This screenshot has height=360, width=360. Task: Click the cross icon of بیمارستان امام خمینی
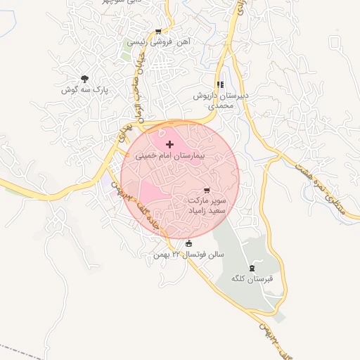point(169,143)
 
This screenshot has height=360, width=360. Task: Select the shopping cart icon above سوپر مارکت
point(206,191)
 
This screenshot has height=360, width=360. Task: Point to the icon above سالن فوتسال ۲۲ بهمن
point(188,244)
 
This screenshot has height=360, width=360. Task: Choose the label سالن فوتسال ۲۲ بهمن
point(188,254)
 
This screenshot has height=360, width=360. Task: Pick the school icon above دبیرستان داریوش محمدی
point(221,85)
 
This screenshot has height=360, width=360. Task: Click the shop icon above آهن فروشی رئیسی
point(158,32)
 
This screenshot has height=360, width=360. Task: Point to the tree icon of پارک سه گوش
point(84,79)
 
